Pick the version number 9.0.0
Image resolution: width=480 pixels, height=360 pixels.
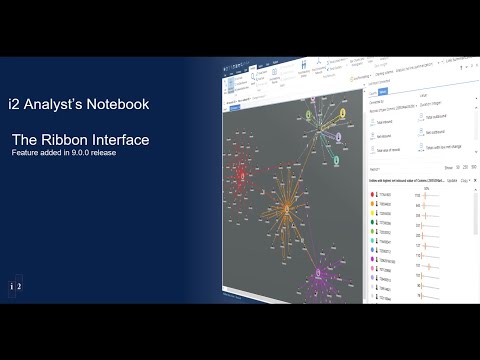86,154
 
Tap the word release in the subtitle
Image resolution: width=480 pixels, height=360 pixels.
117,154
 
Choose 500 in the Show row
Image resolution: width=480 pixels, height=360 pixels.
472,166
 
